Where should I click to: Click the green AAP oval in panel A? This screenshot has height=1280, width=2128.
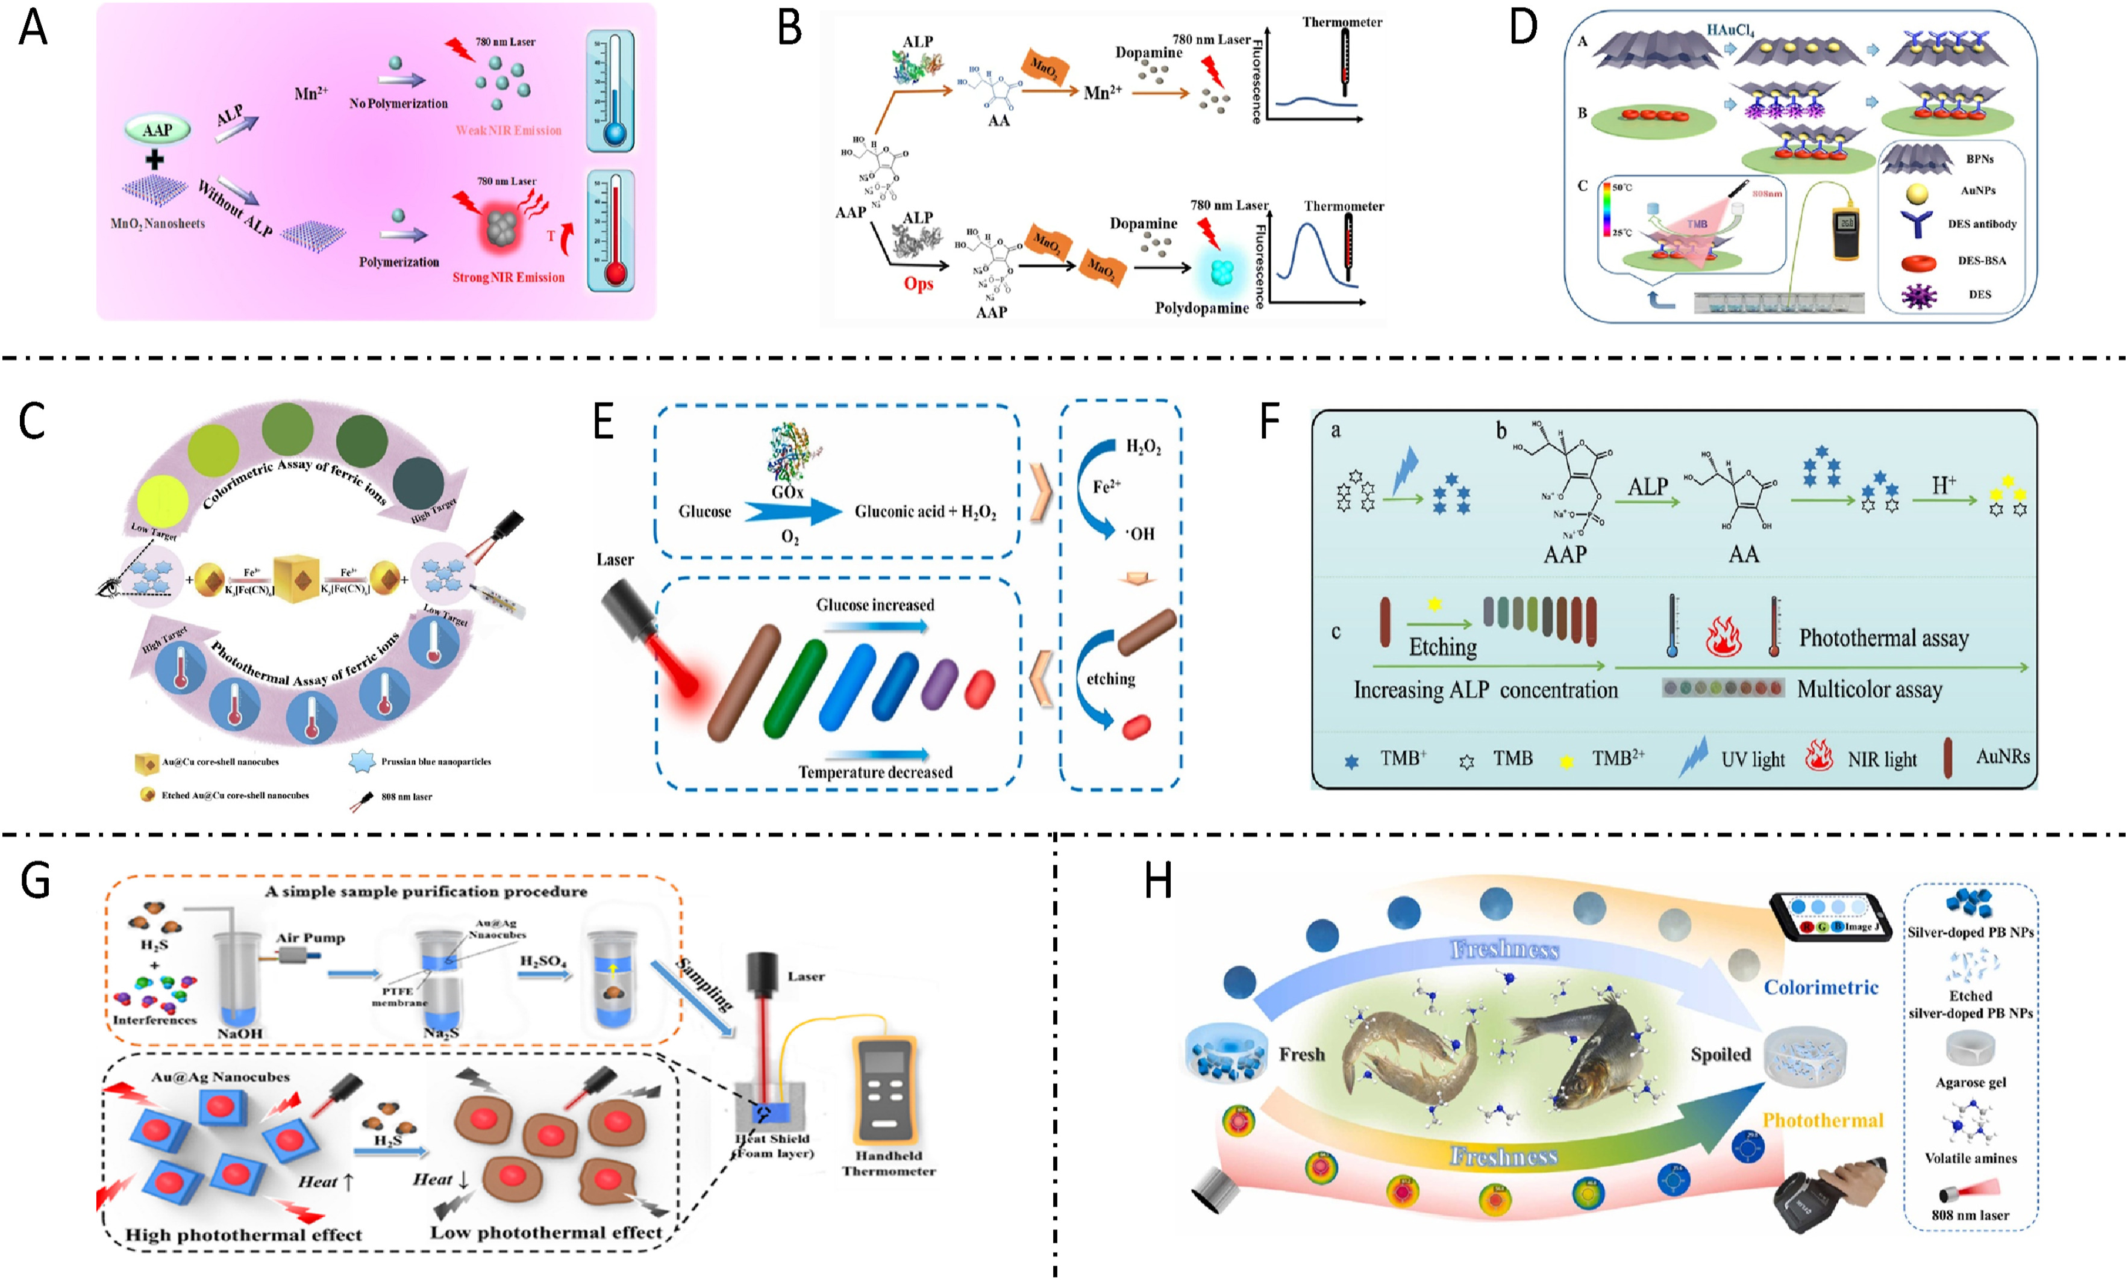(157, 130)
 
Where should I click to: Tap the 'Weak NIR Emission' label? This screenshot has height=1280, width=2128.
(509, 130)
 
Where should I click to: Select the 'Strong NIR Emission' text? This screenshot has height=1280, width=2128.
(509, 277)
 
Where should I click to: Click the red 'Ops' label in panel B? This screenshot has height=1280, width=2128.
(918, 284)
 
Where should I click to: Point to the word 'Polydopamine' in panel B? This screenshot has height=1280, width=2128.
(1201, 308)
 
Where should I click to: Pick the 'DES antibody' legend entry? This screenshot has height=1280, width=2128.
(1982, 224)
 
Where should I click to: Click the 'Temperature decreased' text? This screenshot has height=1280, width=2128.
(875, 772)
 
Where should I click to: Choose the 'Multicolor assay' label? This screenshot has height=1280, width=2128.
(1869, 689)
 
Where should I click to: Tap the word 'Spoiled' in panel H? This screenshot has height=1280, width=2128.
(1720, 1054)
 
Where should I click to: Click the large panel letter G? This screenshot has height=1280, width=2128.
(36, 881)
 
